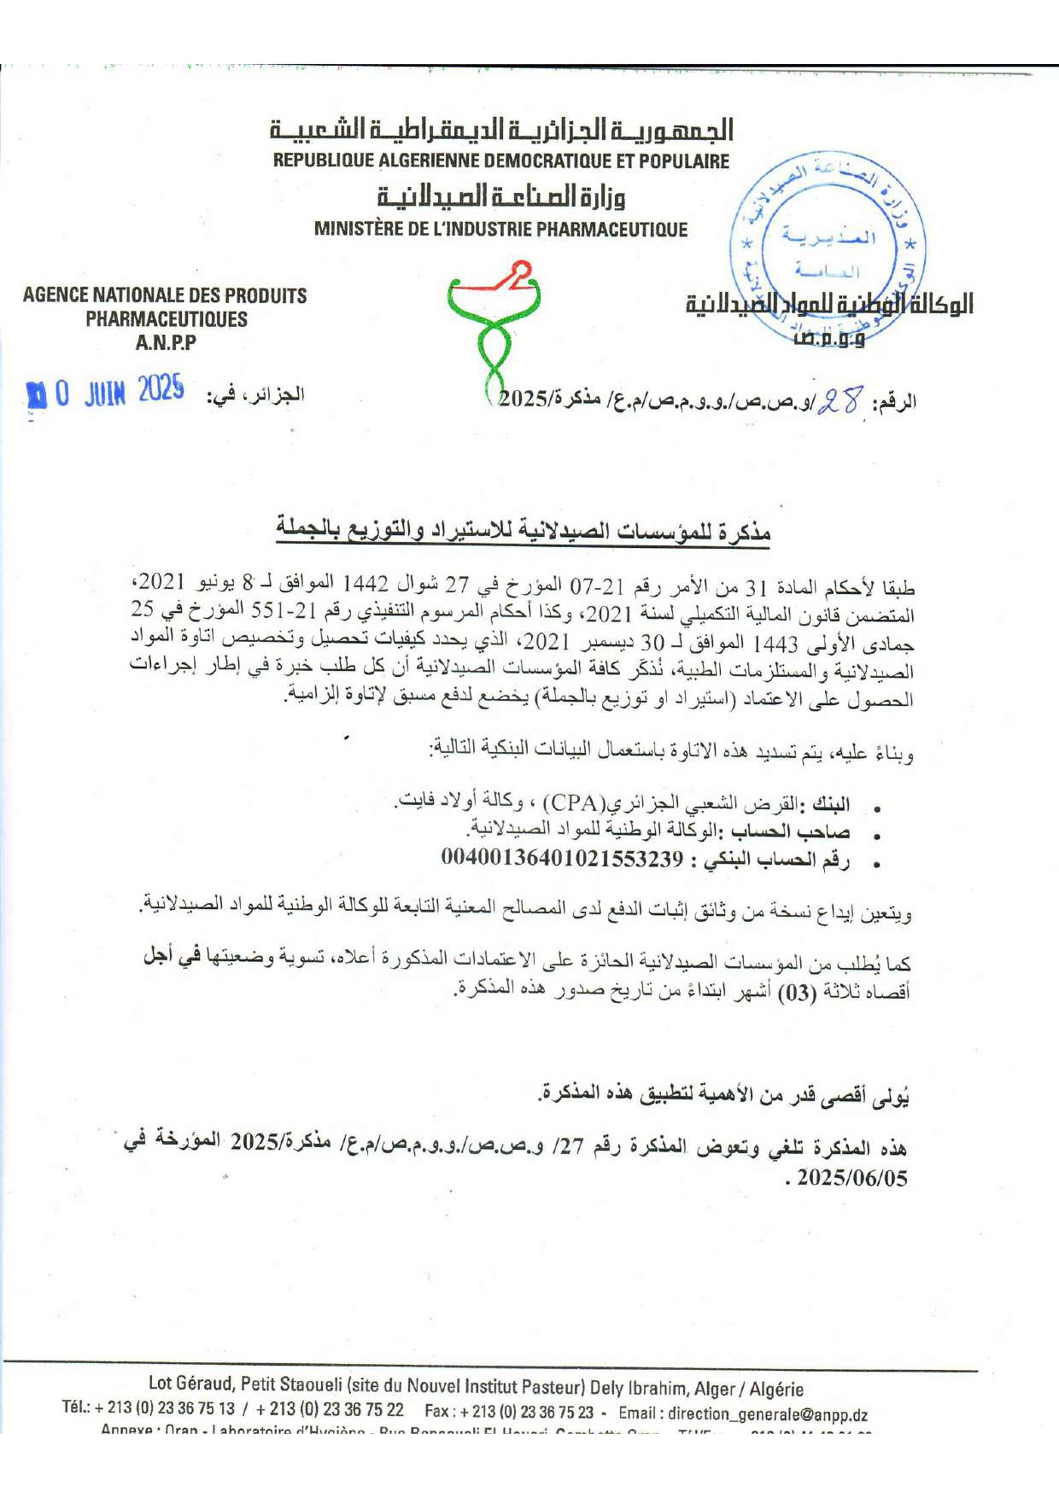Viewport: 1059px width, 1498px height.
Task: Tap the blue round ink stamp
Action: tap(827, 248)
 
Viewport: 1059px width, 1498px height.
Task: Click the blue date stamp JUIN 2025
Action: tap(107, 393)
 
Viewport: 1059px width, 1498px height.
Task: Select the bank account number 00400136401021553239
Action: tap(562, 857)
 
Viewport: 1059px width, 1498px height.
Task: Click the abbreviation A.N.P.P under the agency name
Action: tap(166, 343)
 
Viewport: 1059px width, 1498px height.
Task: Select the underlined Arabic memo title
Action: tap(523, 530)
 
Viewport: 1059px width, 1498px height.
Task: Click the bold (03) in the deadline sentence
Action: tap(796, 993)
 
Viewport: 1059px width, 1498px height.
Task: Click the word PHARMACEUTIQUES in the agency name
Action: tap(166, 319)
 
